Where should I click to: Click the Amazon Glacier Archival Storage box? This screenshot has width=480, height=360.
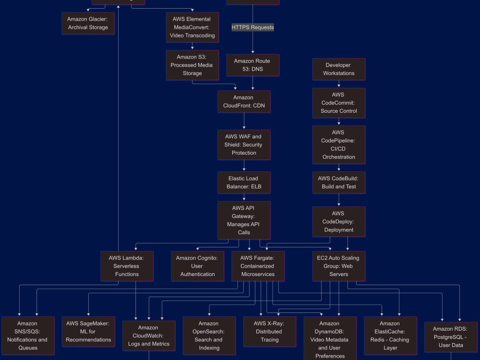pyautogui.click(x=88, y=23)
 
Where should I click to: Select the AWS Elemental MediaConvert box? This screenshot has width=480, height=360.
pyautogui.click(x=192, y=27)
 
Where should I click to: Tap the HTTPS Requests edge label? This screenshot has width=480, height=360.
pyautogui.click(x=252, y=27)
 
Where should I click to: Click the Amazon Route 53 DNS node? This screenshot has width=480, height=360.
pyautogui.click(x=252, y=65)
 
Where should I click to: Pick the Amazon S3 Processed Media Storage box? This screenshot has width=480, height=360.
pyautogui.click(x=192, y=65)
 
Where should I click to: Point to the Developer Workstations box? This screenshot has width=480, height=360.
pyautogui.click(x=339, y=69)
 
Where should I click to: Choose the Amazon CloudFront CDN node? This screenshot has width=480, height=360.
pyautogui.click(x=244, y=102)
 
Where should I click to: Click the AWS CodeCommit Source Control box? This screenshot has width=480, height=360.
pyautogui.click(x=339, y=103)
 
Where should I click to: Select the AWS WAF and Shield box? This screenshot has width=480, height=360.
pyautogui.click(x=244, y=145)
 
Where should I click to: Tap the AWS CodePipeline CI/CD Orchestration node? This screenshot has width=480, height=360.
pyautogui.click(x=339, y=145)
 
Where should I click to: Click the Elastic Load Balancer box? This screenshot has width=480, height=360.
pyautogui.click(x=244, y=182)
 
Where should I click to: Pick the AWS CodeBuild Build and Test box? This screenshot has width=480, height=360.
pyautogui.click(x=339, y=182)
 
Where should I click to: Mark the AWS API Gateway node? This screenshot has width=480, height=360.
pyautogui.click(x=244, y=220)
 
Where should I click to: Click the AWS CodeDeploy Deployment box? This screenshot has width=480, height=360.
pyautogui.click(x=339, y=222)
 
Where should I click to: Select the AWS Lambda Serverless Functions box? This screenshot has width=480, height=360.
pyautogui.click(x=127, y=266)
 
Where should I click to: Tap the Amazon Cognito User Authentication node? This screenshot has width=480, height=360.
pyautogui.click(x=197, y=266)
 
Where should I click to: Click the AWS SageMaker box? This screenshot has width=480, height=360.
pyautogui.click(x=88, y=332)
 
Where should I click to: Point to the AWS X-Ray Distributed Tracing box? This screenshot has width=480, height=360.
pyautogui.click(x=270, y=332)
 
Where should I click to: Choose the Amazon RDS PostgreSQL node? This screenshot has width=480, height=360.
pyautogui.click(x=451, y=337)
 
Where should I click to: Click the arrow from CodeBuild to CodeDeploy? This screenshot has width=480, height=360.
pyautogui.click(x=339, y=200)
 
